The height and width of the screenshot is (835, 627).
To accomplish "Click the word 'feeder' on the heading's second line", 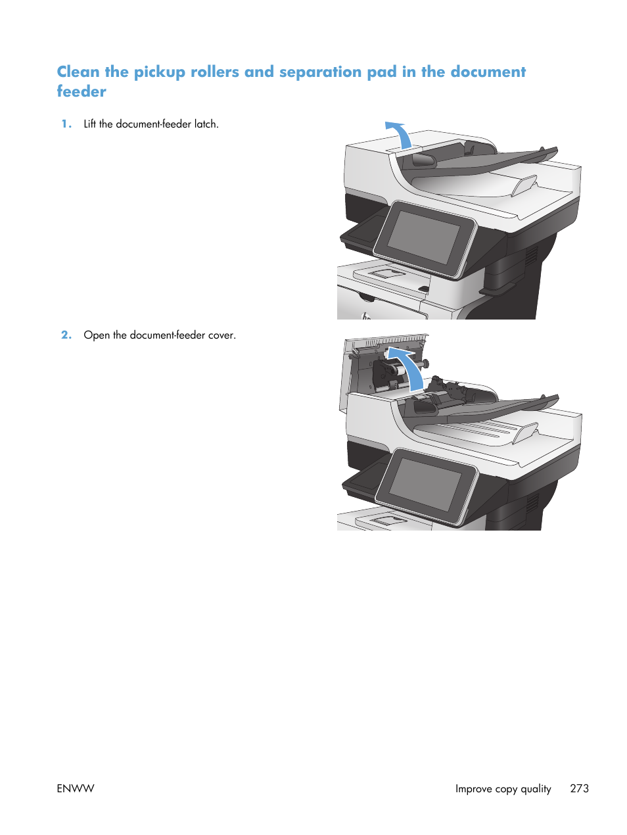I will point(81,91).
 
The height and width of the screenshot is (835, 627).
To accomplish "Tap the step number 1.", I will point(66,124).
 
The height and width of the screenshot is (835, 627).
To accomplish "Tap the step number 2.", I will point(66,335).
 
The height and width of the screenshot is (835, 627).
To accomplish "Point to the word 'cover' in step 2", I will point(221,335).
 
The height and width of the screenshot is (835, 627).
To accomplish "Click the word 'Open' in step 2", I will point(97,335).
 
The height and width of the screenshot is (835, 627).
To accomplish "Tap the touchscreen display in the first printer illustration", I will point(425,238).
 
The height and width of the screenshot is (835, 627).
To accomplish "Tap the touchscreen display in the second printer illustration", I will point(426,485).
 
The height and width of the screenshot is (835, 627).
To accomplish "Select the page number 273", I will point(579,788).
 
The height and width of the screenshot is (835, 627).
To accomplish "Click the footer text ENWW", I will point(76,788).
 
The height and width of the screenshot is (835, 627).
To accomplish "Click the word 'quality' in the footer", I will point(536,788).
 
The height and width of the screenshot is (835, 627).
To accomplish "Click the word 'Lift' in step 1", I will point(89,124).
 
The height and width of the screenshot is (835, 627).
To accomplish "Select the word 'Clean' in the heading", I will point(78,72).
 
